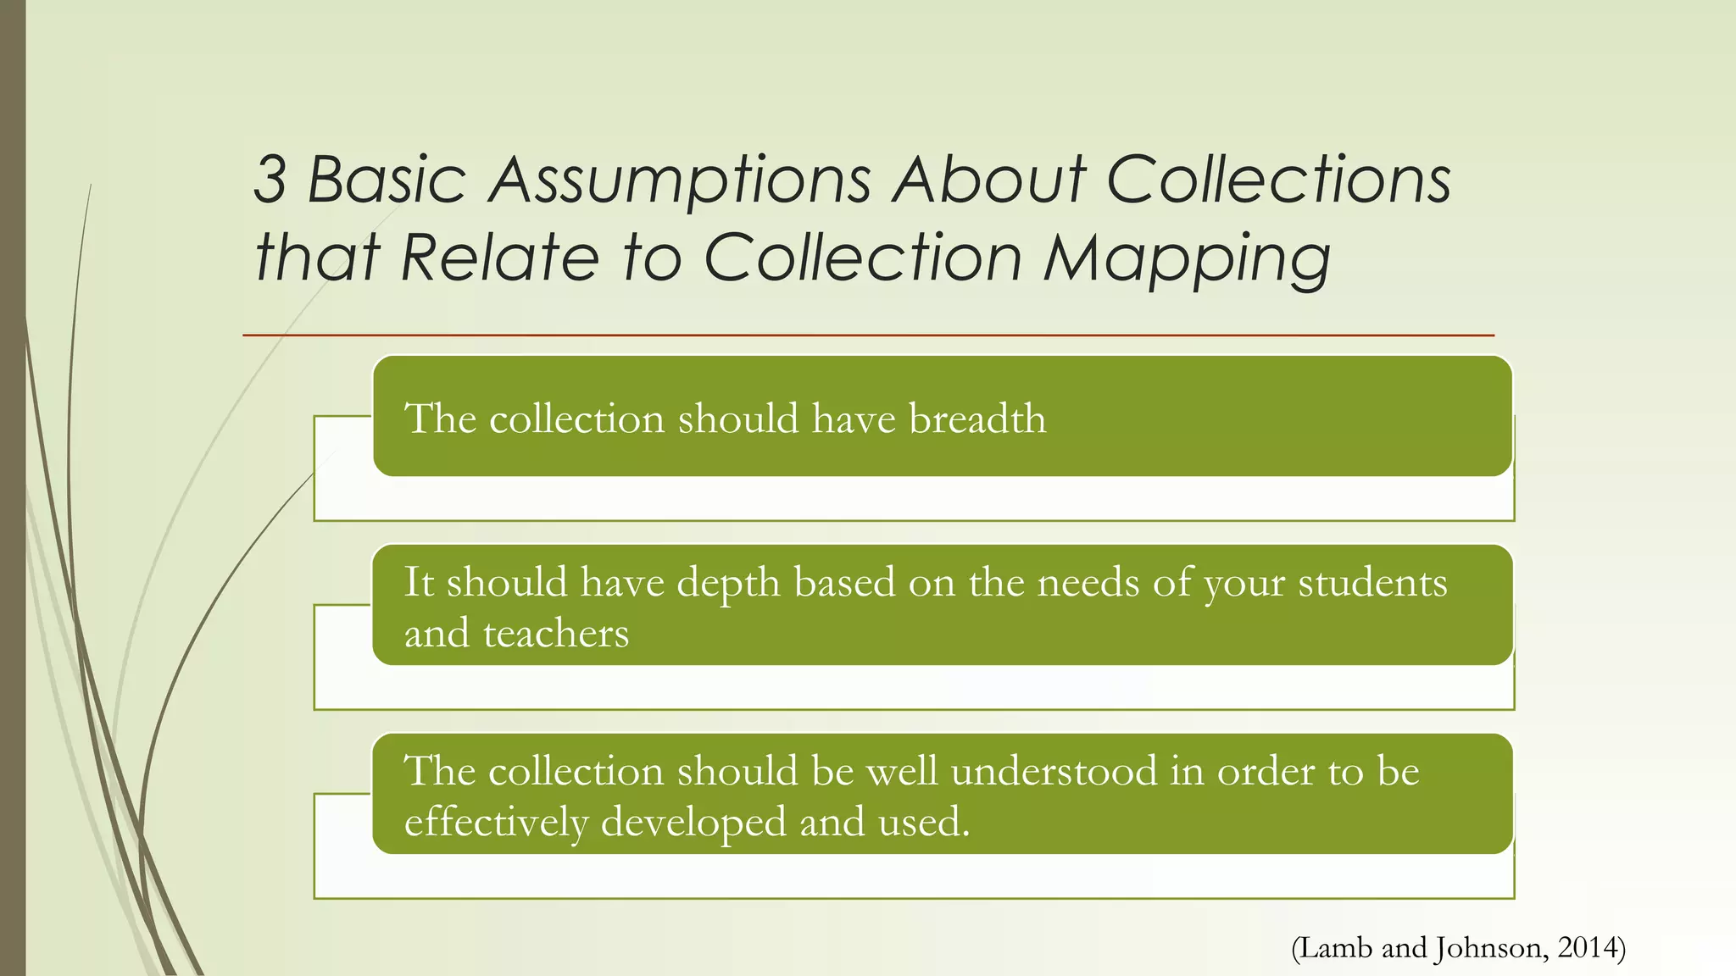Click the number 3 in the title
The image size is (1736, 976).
[x=270, y=180]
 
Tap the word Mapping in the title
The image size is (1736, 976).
[x=1186, y=259]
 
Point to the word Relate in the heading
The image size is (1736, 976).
[x=500, y=258]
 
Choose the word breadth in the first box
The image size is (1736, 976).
[x=977, y=419]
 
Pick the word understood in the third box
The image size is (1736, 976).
[x=1054, y=771]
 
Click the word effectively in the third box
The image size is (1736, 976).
[x=496, y=822]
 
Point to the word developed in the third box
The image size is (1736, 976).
[x=693, y=822]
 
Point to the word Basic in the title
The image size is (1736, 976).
[x=387, y=180]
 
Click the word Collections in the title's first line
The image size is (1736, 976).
[x=1279, y=180]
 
